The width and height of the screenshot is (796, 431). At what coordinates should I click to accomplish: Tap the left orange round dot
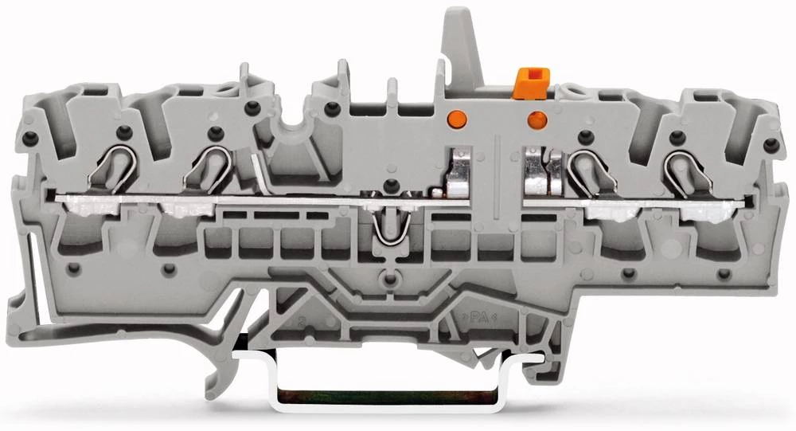[456, 118]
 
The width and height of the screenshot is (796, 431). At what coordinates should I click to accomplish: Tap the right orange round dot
[536, 120]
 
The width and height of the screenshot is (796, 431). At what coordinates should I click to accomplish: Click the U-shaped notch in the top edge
[291, 128]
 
